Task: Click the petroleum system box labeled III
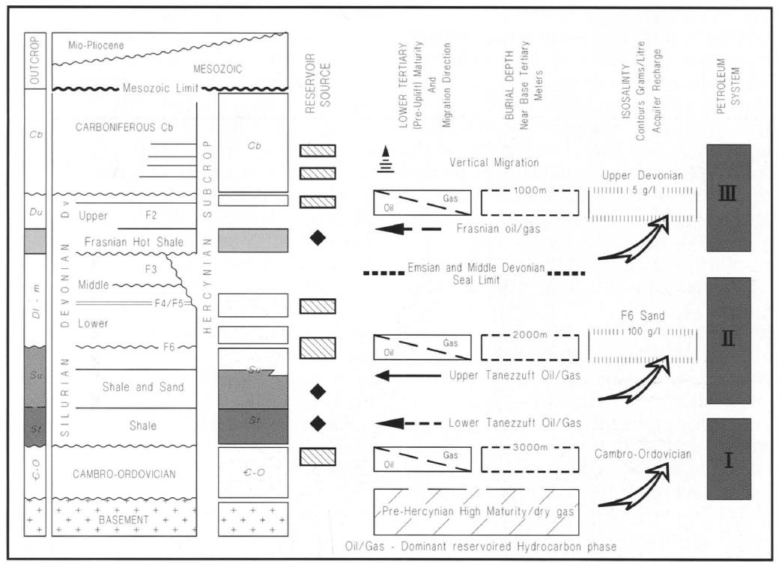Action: pos(728,193)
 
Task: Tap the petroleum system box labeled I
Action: pos(728,458)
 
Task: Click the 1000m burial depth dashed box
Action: pos(530,202)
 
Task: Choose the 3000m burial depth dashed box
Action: pos(530,458)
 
